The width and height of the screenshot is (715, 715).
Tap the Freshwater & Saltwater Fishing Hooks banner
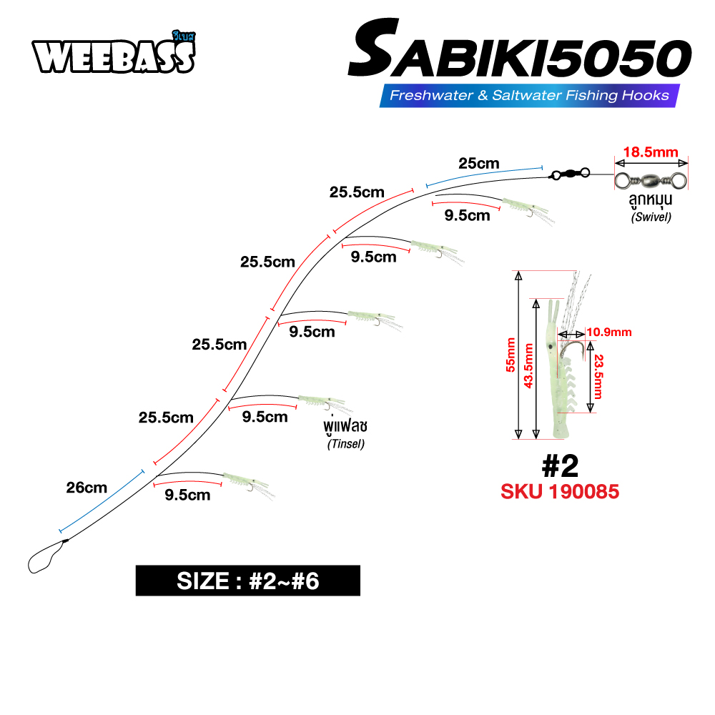[529, 95]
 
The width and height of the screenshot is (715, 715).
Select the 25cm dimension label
[479, 163]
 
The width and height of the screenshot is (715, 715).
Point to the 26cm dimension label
[87, 488]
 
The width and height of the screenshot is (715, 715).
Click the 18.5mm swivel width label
[650, 152]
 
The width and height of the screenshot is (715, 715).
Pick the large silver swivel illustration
[650, 174]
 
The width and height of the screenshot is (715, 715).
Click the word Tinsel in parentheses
[346, 444]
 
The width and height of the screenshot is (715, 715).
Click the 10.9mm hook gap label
[610, 332]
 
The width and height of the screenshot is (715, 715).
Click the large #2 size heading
[560, 466]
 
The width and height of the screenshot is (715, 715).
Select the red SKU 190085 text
[560, 492]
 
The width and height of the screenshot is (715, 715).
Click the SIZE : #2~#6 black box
[247, 581]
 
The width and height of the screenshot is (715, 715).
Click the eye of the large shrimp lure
[548, 345]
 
